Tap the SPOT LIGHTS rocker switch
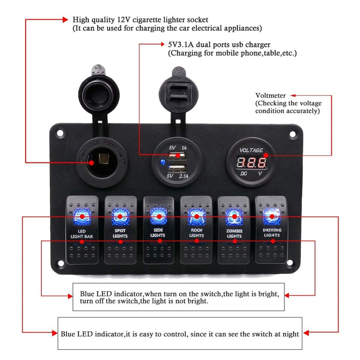click(x=120, y=229)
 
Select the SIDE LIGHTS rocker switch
click(x=158, y=229)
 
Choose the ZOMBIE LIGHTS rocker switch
click(x=234, y=229)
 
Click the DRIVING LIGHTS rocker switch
click(x=272, y=229)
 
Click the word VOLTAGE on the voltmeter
click(x=251, y=150)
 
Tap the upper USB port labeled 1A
click(x=177, y=156)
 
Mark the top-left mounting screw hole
click(x=58, y=133)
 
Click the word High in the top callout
click(x=81, y=20)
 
